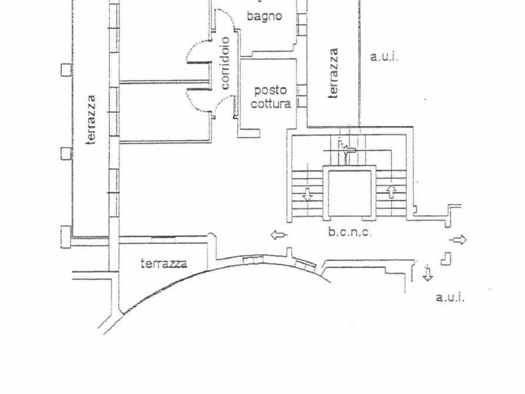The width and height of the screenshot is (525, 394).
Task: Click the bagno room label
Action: (x=264, y=16)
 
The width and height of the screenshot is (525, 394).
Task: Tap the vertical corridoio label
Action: (x=225, y=63)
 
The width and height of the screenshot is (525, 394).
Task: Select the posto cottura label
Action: (x=270, y=97)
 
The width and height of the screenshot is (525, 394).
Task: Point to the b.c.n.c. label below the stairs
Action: (x=350, y=232)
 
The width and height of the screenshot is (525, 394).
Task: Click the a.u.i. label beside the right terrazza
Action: (x=384, y=57)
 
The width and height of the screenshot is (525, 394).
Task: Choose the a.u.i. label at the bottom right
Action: (x=450, y=298)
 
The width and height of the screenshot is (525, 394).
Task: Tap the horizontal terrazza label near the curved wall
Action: (x=164, y=263)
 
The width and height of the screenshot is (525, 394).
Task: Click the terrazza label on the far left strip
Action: (x=91, y=120)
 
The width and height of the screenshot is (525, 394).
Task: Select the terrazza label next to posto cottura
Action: (x=333, y=73)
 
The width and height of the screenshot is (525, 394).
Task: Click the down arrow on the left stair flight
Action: (x=307, y=194)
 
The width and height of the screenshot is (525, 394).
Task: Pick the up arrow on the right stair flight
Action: (x=392, y=192)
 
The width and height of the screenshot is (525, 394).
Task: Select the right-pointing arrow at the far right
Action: (x=458, y=239)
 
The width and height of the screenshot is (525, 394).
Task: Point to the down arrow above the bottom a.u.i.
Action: (x=427, y=273)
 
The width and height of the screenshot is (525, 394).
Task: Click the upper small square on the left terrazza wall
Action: (x=66, y=69)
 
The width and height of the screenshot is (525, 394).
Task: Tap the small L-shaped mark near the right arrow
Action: (x=447, y=258)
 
